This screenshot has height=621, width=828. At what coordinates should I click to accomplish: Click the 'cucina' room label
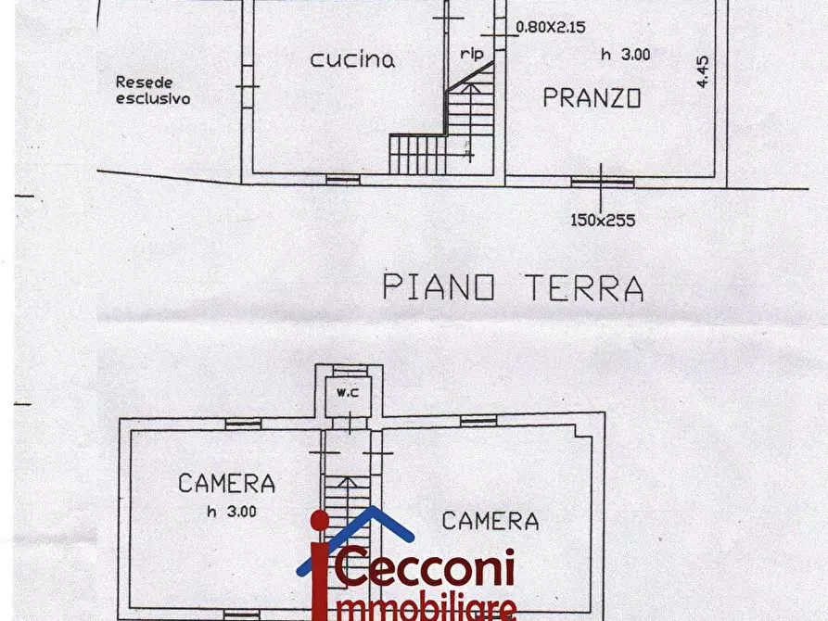(x=352, y=60)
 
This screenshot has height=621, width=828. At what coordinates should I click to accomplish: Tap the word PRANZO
(x=592, y=97)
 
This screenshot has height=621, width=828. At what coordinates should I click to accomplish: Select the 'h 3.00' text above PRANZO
(x=625, y=55)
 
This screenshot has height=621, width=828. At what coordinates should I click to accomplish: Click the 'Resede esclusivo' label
(x=153, y=89)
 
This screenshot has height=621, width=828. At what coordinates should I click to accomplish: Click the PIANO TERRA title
(x=513, y=288)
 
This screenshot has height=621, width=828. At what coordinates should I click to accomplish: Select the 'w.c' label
(x=348, y=391)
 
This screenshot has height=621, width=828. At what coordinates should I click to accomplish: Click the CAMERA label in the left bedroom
(x=226, y=483)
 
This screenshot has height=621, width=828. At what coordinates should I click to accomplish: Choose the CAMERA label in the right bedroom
(x=490, y=521)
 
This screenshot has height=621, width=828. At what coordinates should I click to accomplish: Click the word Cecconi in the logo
(x=427, y=568)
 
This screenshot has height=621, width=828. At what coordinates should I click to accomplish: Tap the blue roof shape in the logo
(x=356, y=533)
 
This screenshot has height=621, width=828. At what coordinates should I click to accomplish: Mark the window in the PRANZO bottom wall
(x=602, y=182)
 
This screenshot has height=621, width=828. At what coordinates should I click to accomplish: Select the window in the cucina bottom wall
(x=342, y=179)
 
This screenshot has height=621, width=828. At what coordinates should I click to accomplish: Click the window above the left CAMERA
(x=242, y=424)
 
